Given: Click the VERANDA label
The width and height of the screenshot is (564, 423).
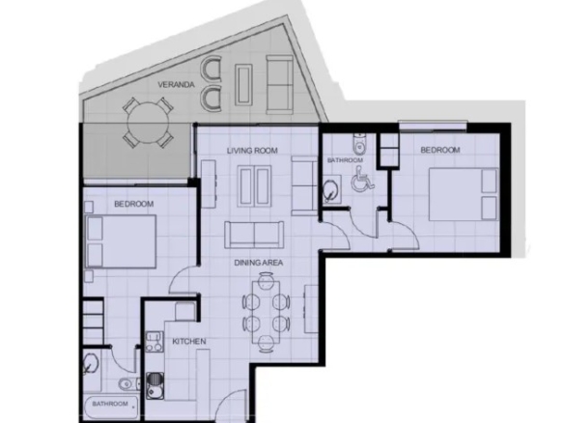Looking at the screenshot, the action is coord(176,85).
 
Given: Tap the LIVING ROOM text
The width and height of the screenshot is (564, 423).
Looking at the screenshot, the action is coord(252,151).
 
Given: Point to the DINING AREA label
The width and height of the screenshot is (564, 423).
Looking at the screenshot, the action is coord(259,263).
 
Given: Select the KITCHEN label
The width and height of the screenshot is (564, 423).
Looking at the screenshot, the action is coord(189,341).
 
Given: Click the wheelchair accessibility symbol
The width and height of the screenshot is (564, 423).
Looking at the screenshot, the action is coord(362,178).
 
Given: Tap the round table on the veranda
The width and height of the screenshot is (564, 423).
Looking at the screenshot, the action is coord(148,123).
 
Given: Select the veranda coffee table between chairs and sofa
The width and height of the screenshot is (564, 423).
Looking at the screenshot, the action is coord(243,85).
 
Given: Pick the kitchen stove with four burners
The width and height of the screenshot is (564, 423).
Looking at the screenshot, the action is coord(155,342).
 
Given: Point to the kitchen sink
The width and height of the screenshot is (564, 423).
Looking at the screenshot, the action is coord(155,385).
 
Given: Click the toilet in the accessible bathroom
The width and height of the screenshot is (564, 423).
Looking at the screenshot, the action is coord(359,143).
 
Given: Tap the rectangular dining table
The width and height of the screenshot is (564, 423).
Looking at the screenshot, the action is coord(267,313).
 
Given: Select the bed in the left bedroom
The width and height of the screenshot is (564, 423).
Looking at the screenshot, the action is coord(121,241).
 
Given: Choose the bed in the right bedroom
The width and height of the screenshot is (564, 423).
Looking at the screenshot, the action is coord(465,194).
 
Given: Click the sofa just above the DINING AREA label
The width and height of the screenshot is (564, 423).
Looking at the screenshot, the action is coord(254,235).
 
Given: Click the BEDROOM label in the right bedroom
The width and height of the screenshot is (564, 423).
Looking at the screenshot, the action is coord(440,150).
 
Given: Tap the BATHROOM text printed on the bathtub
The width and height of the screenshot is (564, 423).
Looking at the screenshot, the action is coord(110,404).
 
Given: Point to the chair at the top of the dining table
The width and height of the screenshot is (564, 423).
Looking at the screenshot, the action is coord(266,279).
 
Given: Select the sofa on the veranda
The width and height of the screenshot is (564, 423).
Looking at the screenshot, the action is coord(279,85).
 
